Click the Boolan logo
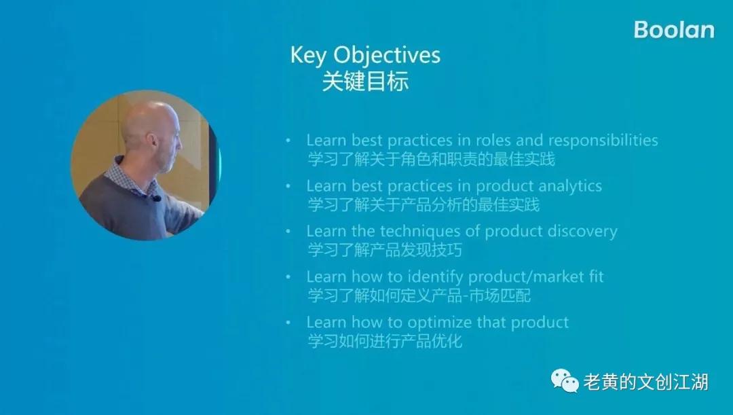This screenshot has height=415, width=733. (674, 30)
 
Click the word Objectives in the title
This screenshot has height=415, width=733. (387, 56)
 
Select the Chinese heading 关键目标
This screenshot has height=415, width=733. (366, 81)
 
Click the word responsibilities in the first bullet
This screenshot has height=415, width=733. (603, 141)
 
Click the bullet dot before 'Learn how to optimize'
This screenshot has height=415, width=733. (288, 323)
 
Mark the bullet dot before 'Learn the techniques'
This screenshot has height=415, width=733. (288, 232)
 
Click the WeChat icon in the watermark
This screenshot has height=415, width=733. (565, 381)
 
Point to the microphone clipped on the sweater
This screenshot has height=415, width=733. (156, 198)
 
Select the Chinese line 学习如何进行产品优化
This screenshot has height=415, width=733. (385, 341)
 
